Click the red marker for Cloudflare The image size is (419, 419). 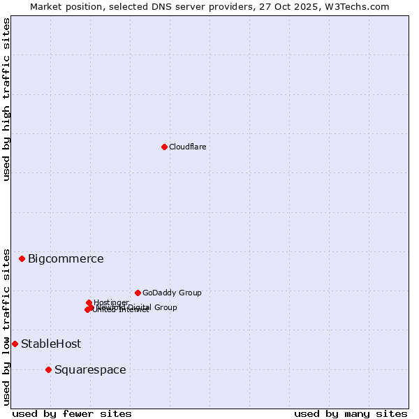pos(164,147)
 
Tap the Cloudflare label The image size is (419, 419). pos(187,147)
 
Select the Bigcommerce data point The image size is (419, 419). pos(22,258)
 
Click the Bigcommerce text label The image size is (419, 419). pos(66,259)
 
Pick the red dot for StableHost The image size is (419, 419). pos(15,344)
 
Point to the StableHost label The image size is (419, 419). pos(51,344)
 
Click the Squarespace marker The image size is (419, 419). pos(48,369)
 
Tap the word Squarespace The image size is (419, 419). pos(90,370)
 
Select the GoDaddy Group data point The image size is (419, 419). pos(138,293)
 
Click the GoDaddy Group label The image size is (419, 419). pos(172,293)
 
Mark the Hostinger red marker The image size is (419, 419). pos(89,302)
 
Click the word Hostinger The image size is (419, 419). pos(112,302)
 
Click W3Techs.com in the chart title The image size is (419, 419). pos(355,6)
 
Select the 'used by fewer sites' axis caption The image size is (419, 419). pos(72,413)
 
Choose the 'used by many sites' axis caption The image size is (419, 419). pos(351,413)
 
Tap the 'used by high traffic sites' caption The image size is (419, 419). pos(6,99)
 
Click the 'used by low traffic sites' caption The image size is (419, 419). pos(6,326)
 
